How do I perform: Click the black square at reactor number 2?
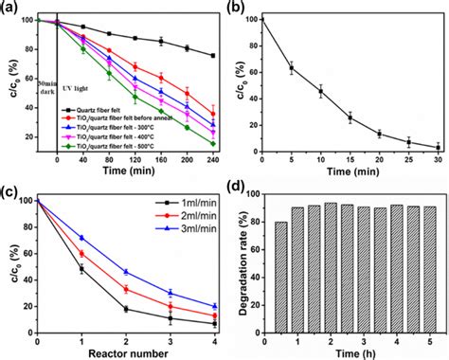[126, 309]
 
